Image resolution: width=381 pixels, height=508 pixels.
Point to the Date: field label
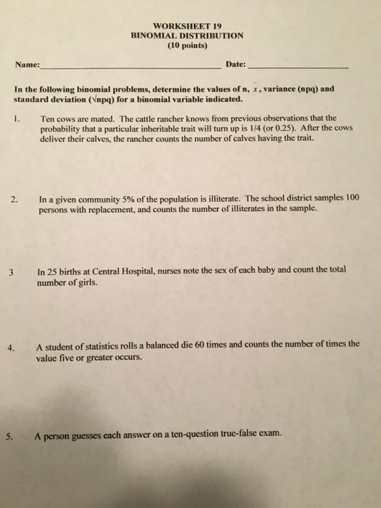point(235,65)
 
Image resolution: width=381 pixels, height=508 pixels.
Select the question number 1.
point(20,118)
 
